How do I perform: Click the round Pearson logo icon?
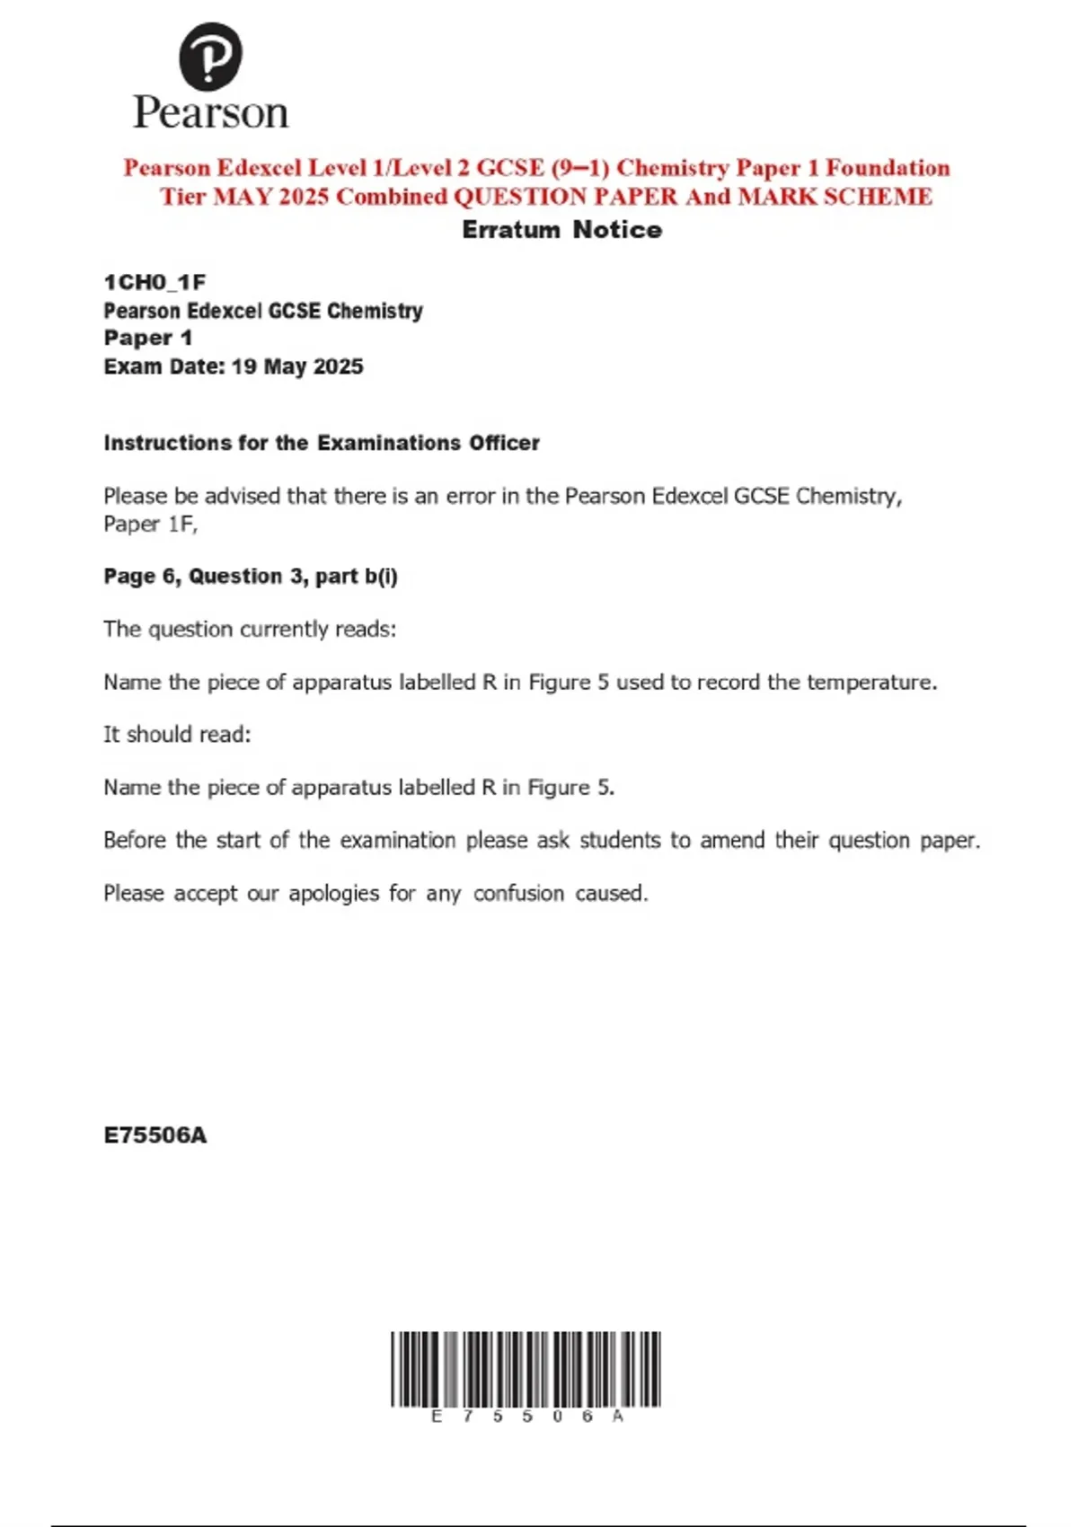[210, 56]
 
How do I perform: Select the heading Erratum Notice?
[561, 230]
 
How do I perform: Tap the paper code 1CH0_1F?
[155, 282]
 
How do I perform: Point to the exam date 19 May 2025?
[297, 366]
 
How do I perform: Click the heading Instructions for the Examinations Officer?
[322, 443]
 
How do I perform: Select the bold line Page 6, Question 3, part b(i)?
[251, 576]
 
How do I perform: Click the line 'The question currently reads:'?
[250, 629]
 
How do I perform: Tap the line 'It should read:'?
[177, 734]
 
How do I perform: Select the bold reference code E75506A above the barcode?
[155, 1135]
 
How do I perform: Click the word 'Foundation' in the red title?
[888, 168]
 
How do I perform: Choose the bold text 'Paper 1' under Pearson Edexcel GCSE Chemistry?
[147, 338]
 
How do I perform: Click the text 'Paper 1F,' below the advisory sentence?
[150, 524]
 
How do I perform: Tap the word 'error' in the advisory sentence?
[470, 496]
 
